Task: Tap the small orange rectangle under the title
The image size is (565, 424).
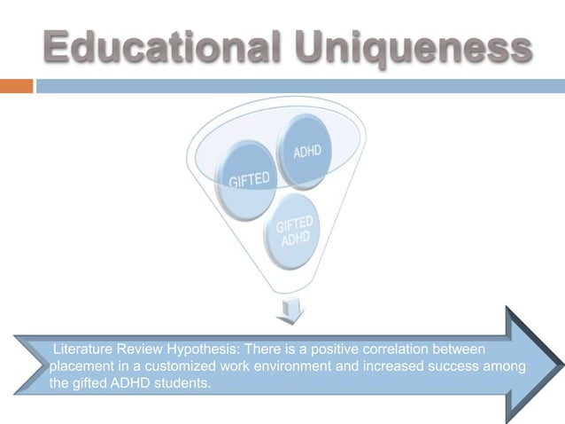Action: tap(16, 86)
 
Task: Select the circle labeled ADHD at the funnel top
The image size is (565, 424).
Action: tap(307, 154)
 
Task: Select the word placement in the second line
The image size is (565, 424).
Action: tap(81, 366)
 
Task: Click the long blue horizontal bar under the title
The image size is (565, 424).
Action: tap(301, 86)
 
